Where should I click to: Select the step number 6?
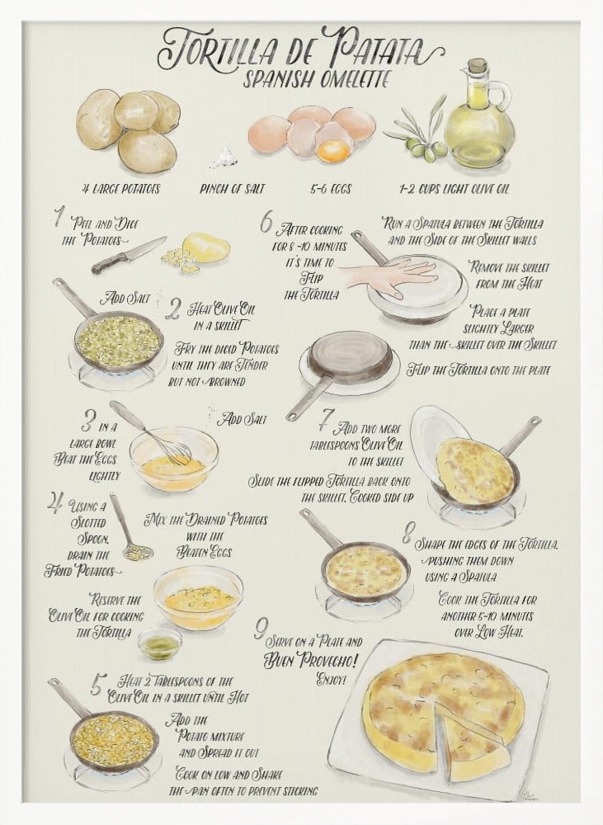point(266,223)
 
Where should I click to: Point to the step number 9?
point(261,631)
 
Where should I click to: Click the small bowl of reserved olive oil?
point(160,643)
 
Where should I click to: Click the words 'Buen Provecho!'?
point(311,660)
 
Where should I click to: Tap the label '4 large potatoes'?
point(115,189)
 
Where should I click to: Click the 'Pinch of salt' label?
point(232,189)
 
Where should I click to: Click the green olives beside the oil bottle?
point(425,149)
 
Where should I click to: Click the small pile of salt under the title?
point(222,157)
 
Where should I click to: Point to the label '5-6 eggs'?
point(328,189)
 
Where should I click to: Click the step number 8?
point(407,535)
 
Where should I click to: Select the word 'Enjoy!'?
point(331,681)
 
